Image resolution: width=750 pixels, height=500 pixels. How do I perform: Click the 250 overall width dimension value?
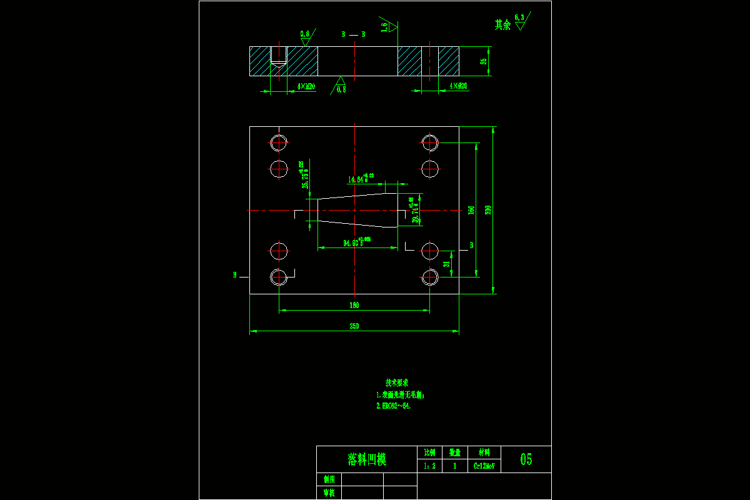coord(354,326)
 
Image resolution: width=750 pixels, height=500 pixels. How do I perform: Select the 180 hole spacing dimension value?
coord(354,306)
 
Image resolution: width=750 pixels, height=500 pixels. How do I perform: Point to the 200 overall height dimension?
coord(489,210)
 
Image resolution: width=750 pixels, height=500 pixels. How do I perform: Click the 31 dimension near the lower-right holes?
coord(446,264)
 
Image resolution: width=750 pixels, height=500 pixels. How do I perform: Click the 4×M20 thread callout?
coord(306,86)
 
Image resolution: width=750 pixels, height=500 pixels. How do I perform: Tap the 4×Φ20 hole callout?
coord(458,86)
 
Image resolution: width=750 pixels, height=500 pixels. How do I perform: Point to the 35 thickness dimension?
coord(483,61)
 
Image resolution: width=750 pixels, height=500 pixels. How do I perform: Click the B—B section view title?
coord(353,34)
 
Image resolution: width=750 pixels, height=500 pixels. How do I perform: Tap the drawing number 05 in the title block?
coord(526,459)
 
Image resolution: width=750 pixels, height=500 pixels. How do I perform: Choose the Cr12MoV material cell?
coord(484,466)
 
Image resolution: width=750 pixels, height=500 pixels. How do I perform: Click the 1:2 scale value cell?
coord(429,466)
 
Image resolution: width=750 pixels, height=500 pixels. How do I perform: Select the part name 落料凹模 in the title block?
coord(367,459)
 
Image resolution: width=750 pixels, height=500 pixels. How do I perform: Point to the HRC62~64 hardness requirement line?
coord(394,406)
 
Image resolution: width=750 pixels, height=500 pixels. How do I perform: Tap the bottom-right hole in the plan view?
coord(429,276)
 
